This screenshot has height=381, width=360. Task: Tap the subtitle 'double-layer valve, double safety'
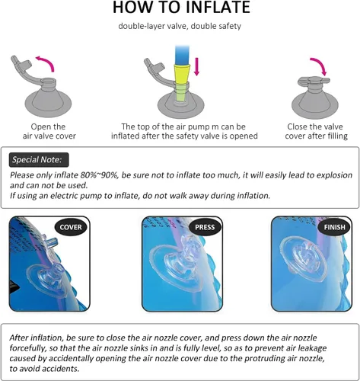(180, 26)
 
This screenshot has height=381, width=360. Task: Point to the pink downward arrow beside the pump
(196, 66)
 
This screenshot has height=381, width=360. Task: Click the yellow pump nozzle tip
(182, 74)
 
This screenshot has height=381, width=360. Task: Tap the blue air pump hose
(182, 55)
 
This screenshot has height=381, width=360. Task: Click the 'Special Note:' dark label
(39, 160)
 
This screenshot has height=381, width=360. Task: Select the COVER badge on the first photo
(71, 227)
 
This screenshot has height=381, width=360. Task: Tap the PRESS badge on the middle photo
(205, 227)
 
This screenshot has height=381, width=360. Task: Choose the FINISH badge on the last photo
(334, 227)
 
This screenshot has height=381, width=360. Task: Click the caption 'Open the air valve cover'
(49, 131)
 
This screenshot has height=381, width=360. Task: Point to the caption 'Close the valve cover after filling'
(316, 131)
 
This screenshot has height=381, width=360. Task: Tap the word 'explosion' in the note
(334, 175)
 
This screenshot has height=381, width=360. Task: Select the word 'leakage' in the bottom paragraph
(312, 348)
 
